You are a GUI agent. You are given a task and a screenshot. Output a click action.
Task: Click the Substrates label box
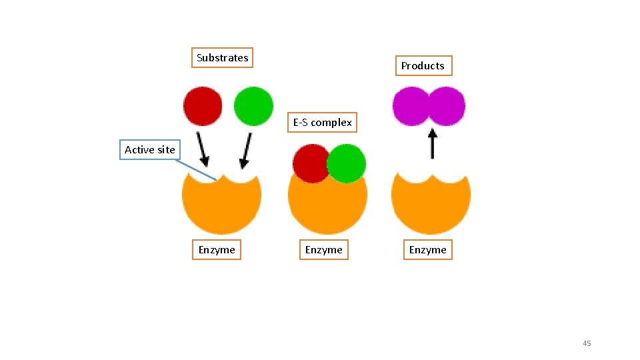coord(222,58)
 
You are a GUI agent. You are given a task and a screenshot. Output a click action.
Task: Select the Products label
coord(423,66)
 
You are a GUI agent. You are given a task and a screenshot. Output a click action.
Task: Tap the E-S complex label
coord(323,123)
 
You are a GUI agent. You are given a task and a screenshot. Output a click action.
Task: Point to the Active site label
coord(150,150)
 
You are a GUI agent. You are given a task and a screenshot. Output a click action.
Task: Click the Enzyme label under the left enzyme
coord(217,250)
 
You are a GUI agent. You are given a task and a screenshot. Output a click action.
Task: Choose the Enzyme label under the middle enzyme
coord(323,250)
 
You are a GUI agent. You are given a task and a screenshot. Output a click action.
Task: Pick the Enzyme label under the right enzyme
coord(427,250)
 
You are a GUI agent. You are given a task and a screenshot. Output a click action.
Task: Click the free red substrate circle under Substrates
coord(203,106)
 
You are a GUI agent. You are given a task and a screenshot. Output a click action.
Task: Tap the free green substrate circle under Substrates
coord(253,106)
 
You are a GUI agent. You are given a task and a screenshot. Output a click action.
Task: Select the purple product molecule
coord(429,106)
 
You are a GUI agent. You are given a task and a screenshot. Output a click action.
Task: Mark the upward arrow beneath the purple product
coord(432,143)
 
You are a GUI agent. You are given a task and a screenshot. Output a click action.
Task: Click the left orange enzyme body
coord(221,203)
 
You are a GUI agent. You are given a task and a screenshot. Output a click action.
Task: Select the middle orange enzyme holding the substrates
coord(327,207)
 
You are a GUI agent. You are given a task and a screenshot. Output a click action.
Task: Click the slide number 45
coord(587,343)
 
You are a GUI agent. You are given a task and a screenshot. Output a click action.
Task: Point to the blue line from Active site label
coord(196,169)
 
